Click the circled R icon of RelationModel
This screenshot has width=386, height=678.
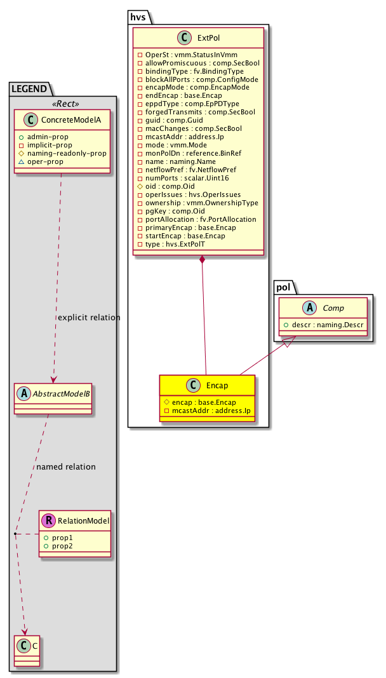[48, 521]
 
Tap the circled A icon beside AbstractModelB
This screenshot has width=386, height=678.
[23, 393]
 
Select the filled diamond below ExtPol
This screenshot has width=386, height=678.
[201, 260]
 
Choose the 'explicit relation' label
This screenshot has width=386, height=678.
[88, 318]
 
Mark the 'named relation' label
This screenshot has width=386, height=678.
[66, 467]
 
